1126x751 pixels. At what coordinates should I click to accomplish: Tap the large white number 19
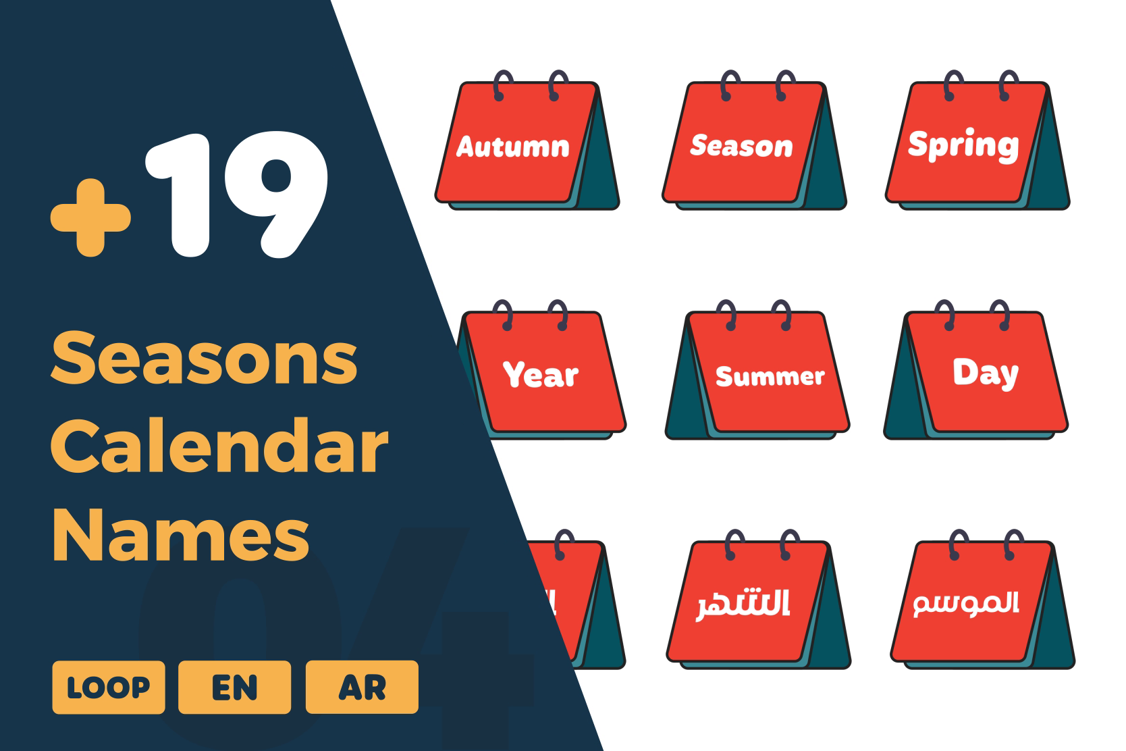point(236,195)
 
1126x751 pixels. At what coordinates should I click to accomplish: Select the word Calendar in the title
point(220,446)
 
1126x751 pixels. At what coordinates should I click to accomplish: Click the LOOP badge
point(108,688)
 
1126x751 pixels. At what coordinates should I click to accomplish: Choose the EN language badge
point(234,688)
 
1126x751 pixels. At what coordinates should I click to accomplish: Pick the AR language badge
point(362,688)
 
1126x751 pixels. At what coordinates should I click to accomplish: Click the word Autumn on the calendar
point(513,147)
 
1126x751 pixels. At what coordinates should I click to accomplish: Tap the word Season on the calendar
point(741,146)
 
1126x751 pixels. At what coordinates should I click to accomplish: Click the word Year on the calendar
point(541,375)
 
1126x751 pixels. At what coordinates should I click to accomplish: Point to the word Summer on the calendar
point(770,376)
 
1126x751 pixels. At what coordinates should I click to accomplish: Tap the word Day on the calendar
point(986,373)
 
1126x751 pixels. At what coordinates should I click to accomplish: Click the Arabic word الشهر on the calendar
point(743,604)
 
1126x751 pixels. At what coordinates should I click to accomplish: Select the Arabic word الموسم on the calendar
point(966,602)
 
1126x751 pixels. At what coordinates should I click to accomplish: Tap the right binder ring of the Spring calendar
point(1007,85)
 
